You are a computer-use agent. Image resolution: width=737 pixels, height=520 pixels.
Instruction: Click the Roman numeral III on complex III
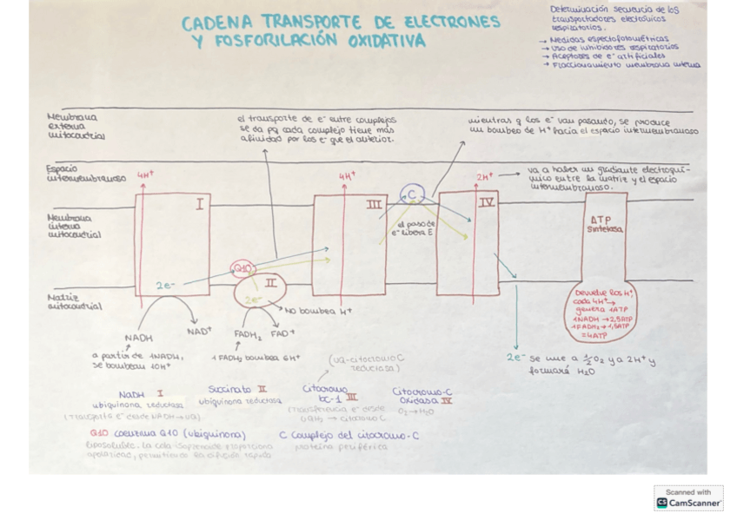(x=374, y=205)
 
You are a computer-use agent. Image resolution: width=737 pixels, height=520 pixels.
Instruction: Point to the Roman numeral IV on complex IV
(x=487, y=202)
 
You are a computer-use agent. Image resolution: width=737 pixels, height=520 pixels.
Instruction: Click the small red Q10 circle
(x=242, y=269)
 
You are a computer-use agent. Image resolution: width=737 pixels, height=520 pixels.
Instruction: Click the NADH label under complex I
(x=138, y=338)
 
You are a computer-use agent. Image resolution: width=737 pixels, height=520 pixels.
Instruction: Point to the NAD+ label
(x=199, y=330)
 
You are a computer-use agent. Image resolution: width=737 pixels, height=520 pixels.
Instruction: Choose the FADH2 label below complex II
(x=248, y=333)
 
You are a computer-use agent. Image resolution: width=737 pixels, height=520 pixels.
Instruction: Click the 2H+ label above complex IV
(x=484, y=176)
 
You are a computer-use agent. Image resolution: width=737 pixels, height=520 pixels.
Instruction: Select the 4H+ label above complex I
(x=145, y=174)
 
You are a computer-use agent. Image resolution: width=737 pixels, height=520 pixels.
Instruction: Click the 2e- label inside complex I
(x=165, y=285)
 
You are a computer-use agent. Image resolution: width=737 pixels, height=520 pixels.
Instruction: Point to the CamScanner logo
(x=688, y=497)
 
